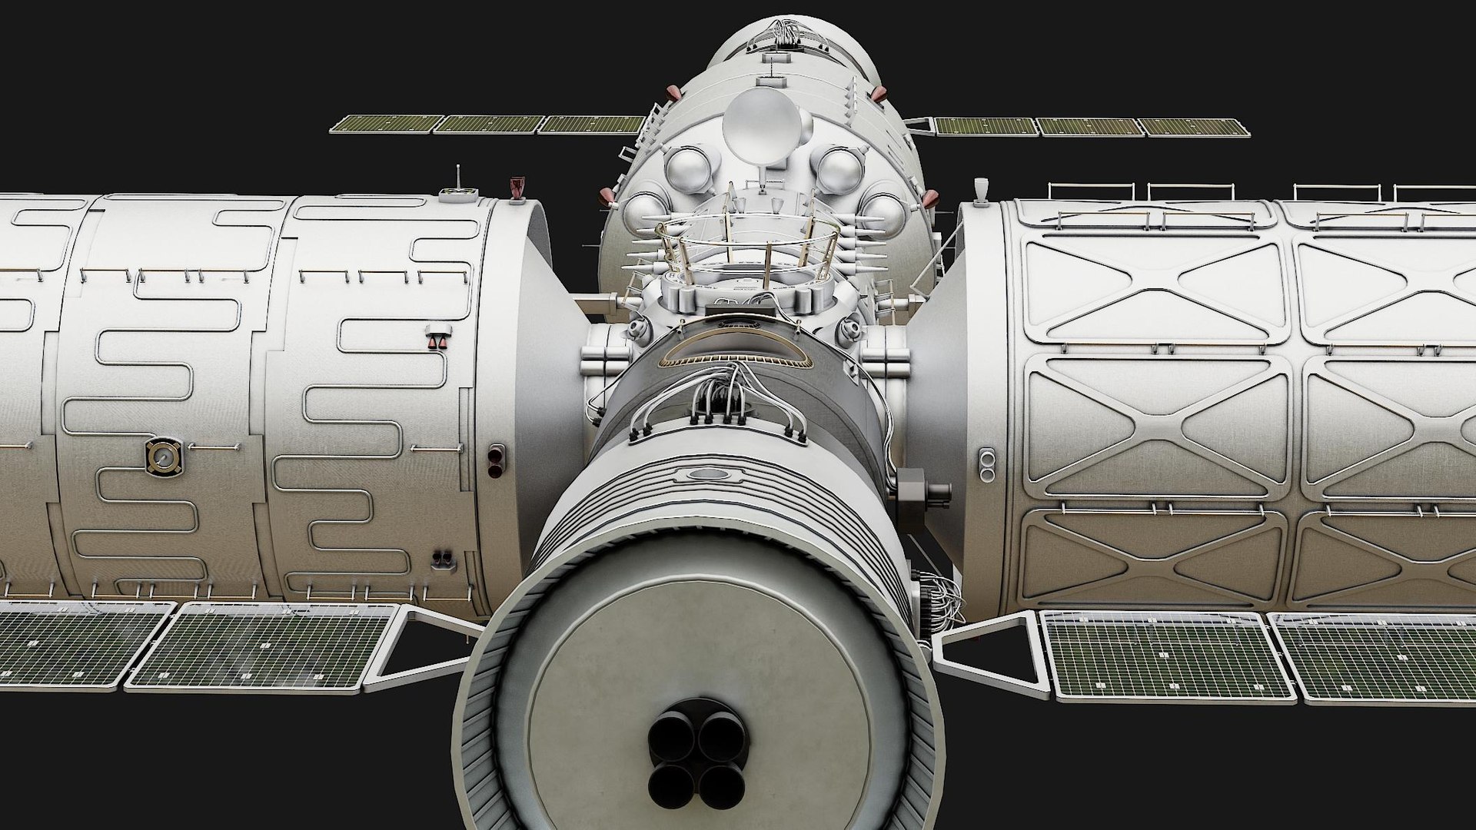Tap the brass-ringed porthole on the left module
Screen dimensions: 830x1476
pyautogui.click(x=162, y=459)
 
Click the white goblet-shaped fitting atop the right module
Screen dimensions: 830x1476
pyautogui.click(x=980, y=191)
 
